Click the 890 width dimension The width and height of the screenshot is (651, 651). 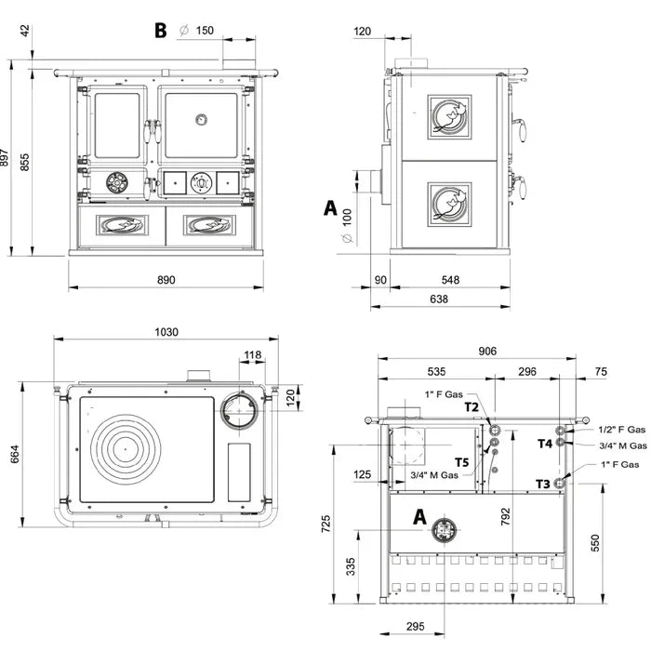pyautogui.click(x=166, y=280)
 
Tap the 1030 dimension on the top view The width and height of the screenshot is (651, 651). pyautogui.click(x=166, y=332)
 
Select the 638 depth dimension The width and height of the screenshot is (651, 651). pyautogui.click(x=439, y=299)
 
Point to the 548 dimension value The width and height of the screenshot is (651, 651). pyautogui.click(x=450, y=279)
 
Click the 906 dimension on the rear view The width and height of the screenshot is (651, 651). pyautogui.click(x=486, y=351)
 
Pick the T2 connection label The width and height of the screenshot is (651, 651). pyautogui.click(x=472, y=406)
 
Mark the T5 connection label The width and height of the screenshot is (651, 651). pyautogui.click(x=462, y=461)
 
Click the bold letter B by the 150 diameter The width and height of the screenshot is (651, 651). pyautogui.click(x=161, y=30)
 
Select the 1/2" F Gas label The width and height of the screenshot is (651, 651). pyautogui.click(x=623, y=430)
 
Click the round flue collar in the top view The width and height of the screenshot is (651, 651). pyautogui.click(x=240, y=409)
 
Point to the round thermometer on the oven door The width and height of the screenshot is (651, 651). pyautogui.click(x=202, y=120)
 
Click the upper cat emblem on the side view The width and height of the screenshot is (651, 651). pyautogui.click(x=448, y=117)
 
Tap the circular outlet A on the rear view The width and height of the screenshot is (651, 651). pyautogui.click(x=441, y=531)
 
